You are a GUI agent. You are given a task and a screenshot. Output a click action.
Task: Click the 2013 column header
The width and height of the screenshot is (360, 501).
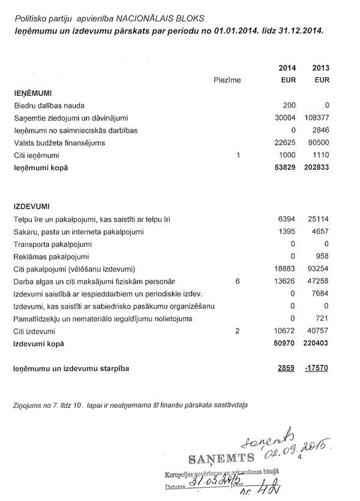321,67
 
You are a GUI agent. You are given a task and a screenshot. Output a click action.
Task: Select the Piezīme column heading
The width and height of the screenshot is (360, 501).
227,80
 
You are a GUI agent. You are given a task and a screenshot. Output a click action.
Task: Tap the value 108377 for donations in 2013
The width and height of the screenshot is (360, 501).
316,118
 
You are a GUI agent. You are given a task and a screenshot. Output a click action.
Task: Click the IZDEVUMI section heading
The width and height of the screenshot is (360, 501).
31,206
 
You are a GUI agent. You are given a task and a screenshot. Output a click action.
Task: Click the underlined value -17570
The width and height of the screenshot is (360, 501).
317,368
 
